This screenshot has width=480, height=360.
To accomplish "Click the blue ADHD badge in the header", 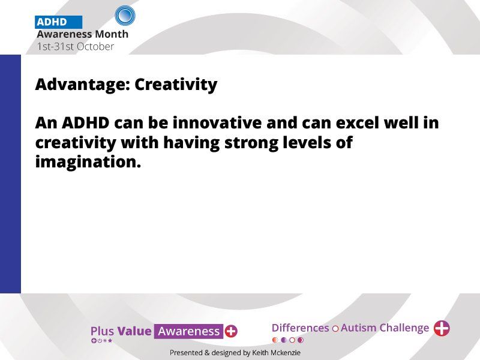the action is click(x=58, y=22).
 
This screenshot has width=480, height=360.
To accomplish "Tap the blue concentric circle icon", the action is click(x=125, y=16).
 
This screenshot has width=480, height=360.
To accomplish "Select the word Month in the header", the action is click(x=112, y=34).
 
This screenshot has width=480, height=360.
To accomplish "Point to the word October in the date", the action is click(x=95, y=47).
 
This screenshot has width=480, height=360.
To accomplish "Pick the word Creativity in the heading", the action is click(x=176, y=85).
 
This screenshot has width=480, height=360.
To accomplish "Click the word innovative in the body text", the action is click(x=217, y=123).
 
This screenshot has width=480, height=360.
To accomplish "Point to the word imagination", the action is click(x=88, y=162).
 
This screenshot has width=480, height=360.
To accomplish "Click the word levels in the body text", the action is click(x=307, y=143).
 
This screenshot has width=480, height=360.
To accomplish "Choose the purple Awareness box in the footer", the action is click(x=188, y=331).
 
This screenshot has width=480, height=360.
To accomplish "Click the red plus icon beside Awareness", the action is click(x=231, y=331).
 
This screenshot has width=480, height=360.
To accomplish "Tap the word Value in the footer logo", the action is click(x=134, y=331).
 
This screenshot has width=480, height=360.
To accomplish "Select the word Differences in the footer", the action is click(x=301, y=328).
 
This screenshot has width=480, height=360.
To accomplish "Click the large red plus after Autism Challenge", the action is click(x=442, y=328).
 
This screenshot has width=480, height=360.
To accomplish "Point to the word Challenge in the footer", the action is click(x=404, y=328).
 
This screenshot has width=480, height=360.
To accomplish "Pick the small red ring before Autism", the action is click(x=335, y=329).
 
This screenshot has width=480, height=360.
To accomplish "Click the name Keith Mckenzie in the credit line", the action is click(x=276, y=353).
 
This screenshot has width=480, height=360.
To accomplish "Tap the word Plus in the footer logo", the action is click(x=102, y=331).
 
